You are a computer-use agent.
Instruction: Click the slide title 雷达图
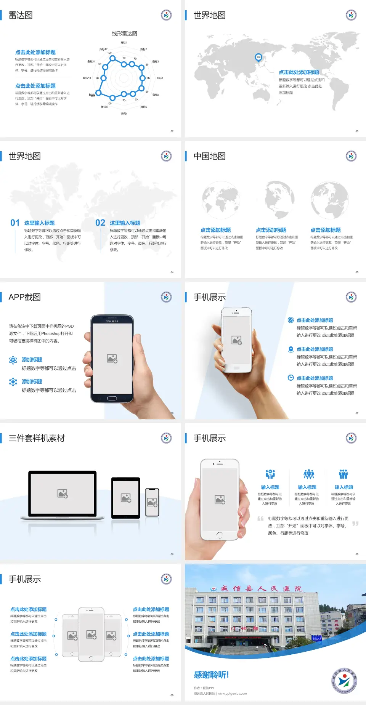(x=21, y=15)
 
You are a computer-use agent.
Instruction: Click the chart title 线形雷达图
(x=124, y=34)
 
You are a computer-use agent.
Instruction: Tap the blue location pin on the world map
(x=258, y=58)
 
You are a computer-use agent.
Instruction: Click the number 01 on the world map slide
(x=15, y=223)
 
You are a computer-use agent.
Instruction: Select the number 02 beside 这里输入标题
(x=100, y=223)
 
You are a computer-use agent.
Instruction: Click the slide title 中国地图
(x=209, y=156)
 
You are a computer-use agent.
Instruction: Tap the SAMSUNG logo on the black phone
(x=112, y=321)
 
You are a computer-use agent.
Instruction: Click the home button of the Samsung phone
(x=112, y=398)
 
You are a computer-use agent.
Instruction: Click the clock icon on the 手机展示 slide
(x=291, y=378)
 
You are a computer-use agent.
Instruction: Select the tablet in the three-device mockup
(x=126, y=498)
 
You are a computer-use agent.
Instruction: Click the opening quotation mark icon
(x=260, y=519)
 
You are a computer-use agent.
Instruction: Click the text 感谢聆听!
(x=211, y=675)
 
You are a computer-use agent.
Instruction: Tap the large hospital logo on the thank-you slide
(x=344, y=681)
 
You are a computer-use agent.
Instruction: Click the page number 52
(x=172, y=131)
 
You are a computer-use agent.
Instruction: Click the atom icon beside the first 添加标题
(x=13, y=360)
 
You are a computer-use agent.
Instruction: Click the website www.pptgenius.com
(x=232, y=694)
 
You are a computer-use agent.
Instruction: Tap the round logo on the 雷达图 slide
(x=166, y=15)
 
